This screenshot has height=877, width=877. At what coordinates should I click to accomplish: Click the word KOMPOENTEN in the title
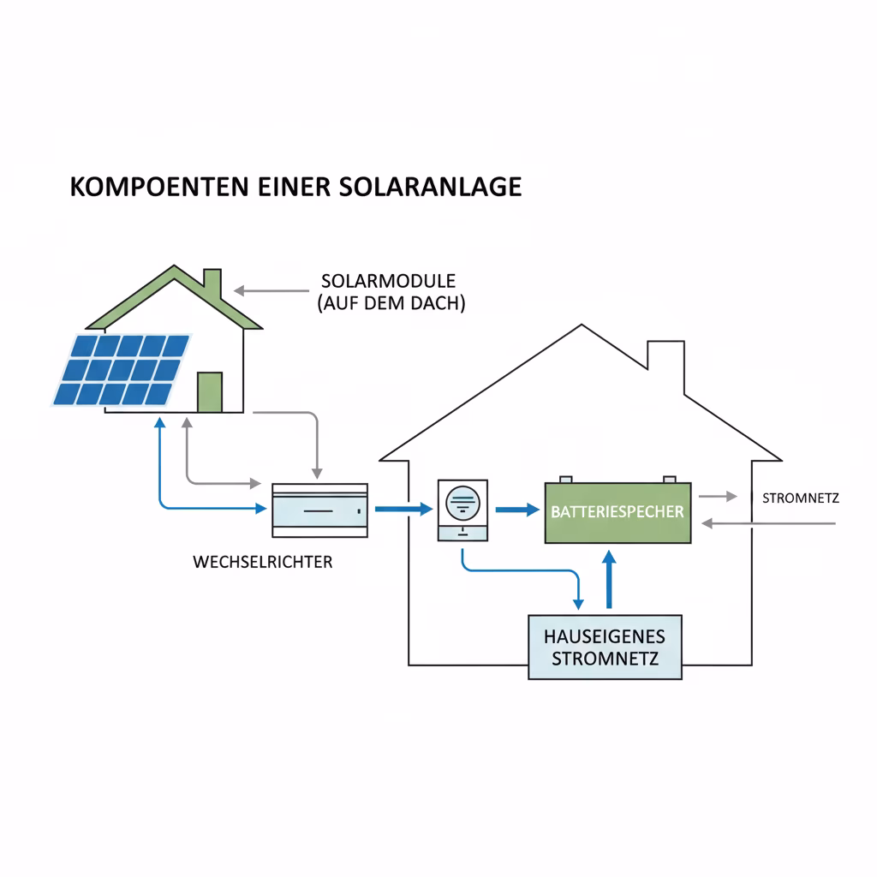pos(159,188)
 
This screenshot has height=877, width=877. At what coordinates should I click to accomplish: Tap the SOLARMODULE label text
pos(388,281)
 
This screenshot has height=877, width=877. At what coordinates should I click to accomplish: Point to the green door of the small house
pos(210,392)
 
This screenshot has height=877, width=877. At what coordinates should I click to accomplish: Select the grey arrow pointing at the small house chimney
pos(271,291)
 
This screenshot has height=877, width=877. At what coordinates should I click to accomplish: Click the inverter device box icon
pos(319,510)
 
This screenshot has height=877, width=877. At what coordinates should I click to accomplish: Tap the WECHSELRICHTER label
pos(263,563)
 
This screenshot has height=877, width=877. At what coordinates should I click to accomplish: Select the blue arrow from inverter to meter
pos(403,510)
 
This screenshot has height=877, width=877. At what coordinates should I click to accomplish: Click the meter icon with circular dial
pos(462,510)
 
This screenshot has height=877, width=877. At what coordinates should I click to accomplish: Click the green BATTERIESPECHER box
pos(617,512)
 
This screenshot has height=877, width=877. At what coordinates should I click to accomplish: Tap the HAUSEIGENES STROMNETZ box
pos(605,647)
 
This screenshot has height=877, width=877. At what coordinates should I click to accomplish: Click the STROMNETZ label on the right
pos(801,498)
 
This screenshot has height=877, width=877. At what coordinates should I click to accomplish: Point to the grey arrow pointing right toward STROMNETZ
pos(718,496)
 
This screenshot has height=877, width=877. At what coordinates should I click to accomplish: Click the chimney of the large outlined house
pos(665,361)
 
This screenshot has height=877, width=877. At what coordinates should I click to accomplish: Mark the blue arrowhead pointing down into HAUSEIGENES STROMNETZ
pos(578,604)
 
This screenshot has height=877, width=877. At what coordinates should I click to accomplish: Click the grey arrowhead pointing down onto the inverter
pos(317,473)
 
